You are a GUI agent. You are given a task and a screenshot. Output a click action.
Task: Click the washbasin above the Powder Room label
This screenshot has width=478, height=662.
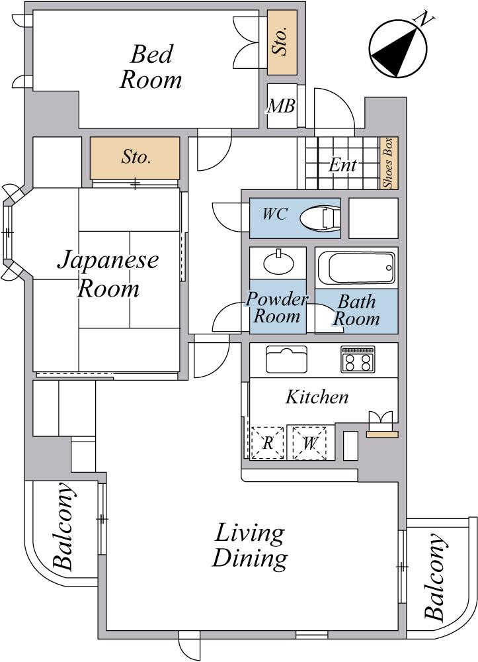[279, 262]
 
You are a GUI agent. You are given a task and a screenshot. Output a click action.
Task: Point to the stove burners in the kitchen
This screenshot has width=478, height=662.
[357, 359]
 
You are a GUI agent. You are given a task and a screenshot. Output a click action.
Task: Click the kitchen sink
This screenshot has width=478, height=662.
[286, 359]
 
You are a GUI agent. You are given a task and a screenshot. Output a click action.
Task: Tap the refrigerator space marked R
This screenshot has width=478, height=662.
[267, 442]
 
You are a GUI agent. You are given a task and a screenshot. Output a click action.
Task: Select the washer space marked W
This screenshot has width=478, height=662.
[309, 442]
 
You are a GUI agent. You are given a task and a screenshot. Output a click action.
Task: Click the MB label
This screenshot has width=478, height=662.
[280, 106]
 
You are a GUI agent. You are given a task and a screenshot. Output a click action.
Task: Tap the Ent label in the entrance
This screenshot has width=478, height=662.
[342, 165]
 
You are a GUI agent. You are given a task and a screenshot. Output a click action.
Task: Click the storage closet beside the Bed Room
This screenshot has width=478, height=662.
[282, 42]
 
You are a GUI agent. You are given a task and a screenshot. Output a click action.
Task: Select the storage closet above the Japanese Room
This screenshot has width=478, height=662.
[135, 158]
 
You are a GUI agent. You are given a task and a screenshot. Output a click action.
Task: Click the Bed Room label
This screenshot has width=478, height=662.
[151, 66]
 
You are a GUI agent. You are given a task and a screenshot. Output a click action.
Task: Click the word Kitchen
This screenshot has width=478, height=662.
[317, 397]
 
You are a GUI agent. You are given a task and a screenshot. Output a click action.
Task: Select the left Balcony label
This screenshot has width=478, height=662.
[63, 527]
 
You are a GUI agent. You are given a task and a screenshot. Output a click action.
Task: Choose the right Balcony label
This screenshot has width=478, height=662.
[435, 577]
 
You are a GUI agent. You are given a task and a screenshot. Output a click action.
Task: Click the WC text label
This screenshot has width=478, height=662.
[275, 214]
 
